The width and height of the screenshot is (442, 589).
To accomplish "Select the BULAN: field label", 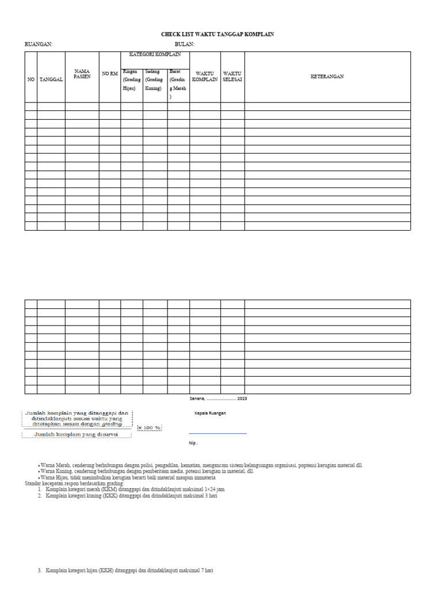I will (x=185, y=44).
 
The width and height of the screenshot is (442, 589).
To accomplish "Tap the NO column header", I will (x=31, y=79).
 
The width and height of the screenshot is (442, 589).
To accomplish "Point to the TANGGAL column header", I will (x=51, y=79).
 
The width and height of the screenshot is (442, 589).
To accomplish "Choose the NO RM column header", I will (x=109, y=74).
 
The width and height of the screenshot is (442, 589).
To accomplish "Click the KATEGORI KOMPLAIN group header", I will (x=155, y=55).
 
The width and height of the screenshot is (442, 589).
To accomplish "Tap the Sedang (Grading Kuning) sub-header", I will (x=155, y=80).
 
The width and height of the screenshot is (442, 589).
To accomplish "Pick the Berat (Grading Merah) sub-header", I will (x=178, y=84).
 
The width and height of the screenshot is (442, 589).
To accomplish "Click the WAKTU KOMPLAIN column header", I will (x=205, y=77).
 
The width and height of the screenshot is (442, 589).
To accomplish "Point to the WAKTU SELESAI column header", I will (x=233, y=77).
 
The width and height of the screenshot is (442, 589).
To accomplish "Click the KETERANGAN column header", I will (x=327, y=77).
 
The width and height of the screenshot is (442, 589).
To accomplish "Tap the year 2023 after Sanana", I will (x=242, y=399).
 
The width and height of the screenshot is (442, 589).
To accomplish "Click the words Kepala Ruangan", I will (x=209, y=413).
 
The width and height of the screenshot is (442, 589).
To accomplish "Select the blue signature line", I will (x=218, y=433).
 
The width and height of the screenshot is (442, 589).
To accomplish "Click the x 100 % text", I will (x=149, y=428).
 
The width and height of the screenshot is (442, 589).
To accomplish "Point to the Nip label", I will (x=193, y=443).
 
